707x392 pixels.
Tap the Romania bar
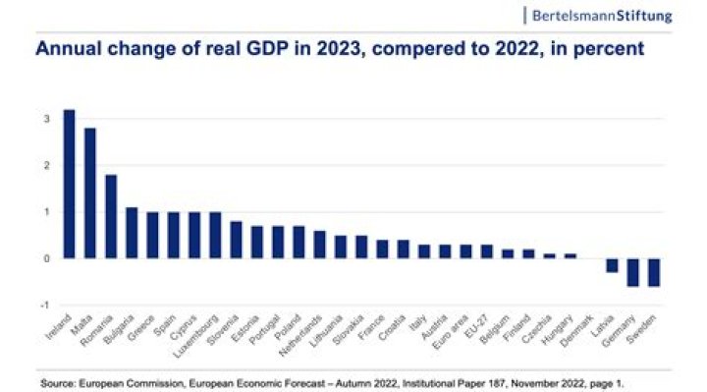(111, 216)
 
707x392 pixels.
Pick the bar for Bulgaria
(132, 233)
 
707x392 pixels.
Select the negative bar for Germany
(633, 272)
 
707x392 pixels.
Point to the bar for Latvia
(612, 265)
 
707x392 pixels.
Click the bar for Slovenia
(236, 240)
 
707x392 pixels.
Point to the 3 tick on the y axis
(44, 119)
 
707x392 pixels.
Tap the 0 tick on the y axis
(44, 258)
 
